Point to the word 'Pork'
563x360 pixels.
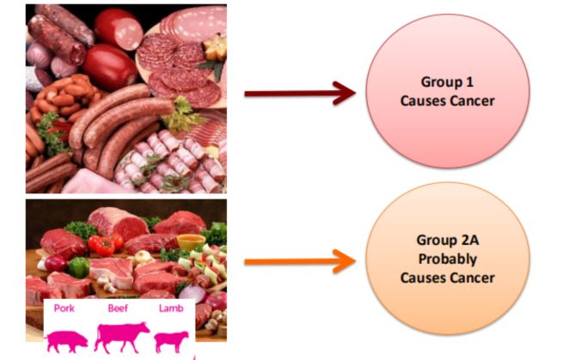click(x=65, y=307)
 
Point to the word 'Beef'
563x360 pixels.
click(x=119, y=307)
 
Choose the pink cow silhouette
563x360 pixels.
click(x=120, y=336)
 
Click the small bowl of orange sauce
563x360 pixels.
click(x=192, y=241)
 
